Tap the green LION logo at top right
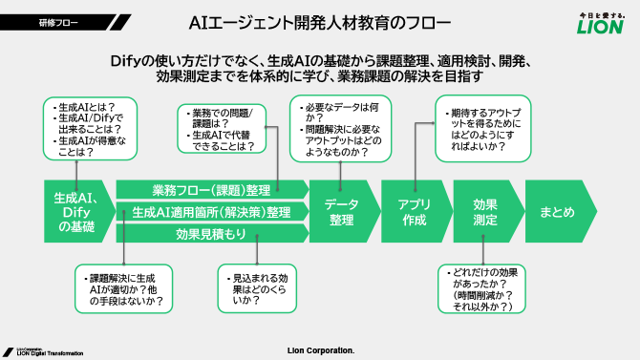pyautogui.click(x=602, y=22)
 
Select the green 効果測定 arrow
pyautogui.click(x=484, y=211)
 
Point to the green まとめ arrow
pyautogui.click(x=557, y=211)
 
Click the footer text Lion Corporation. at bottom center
pyautogui.click(x=320, y=350)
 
